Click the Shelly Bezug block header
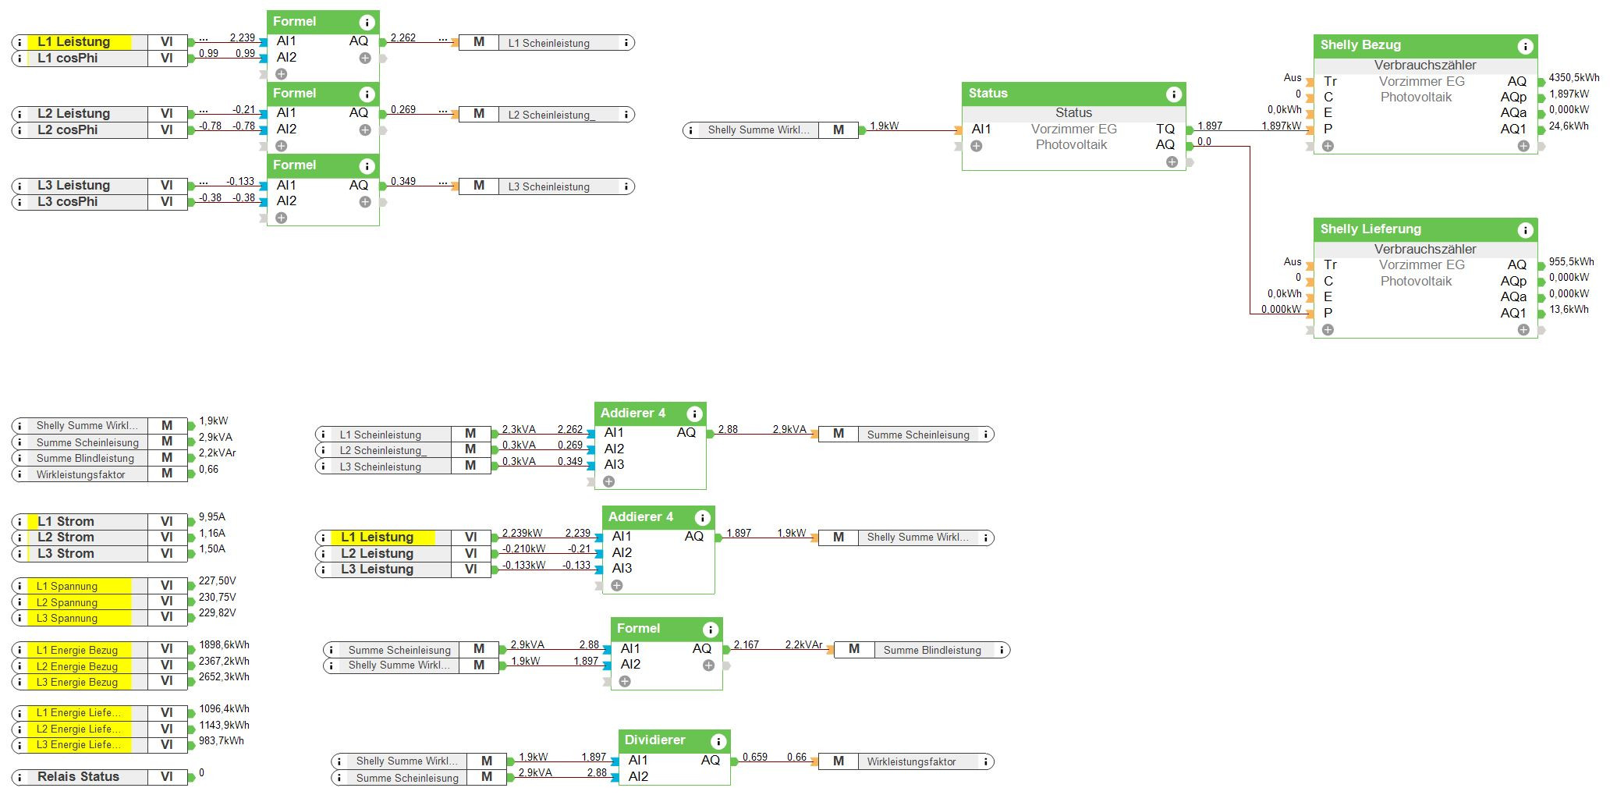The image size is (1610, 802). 1361,45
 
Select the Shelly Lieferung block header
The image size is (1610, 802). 1371,229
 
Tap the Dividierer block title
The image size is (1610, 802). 655,740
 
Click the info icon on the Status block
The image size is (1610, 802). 1173,94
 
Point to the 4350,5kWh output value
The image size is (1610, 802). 1573,78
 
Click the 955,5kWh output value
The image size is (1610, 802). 1571,262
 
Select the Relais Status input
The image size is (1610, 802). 78,777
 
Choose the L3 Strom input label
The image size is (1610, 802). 66,554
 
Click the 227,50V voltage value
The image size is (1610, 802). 217,581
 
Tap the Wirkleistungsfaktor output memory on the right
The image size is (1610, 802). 911,761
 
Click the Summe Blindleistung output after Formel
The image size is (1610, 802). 931,650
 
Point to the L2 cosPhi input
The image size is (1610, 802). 67,130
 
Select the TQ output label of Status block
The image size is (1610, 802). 1165,130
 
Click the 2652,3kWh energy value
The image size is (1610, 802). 224,677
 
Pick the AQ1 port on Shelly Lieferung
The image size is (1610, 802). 1512,314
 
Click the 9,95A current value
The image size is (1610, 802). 211,517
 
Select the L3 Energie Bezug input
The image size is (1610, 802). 76,683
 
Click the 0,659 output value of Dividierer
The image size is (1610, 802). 754,758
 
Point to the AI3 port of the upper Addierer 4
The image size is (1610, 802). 614,465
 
